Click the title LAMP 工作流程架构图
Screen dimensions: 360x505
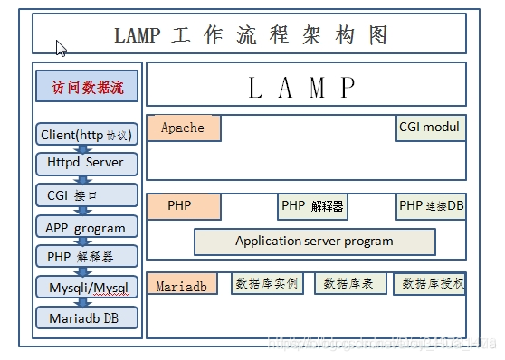click(252, 35)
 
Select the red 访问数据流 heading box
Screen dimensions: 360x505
click(87, 89)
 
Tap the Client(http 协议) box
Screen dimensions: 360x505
click(87, 135)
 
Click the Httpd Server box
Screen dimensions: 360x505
click(87, 164)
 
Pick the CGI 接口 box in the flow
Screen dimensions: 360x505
click(87, 194)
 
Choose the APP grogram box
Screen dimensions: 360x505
click(87, 226)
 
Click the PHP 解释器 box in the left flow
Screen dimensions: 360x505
click(87, 256)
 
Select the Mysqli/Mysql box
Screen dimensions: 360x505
click(87, 288)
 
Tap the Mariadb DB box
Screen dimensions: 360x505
click(87, 318)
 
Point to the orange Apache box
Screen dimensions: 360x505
click(183, 128)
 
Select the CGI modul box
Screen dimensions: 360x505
click(431, 128)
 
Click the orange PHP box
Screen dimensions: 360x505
click(183, 206)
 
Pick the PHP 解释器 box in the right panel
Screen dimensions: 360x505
click(312, 206)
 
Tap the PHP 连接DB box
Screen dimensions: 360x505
click(431, 206)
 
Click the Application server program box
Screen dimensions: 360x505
click(314, 242)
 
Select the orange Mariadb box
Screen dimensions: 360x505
click(183, 284)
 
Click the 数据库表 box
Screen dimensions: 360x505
click(350, 284)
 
